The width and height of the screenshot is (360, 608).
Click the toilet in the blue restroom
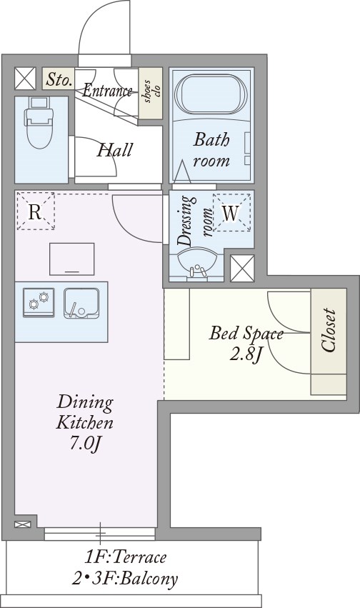tap(39, 123)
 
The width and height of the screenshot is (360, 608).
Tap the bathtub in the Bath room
tap(211, 94)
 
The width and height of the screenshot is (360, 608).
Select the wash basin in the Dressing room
tap(197, 264)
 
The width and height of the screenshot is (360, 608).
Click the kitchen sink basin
tap(81, 303)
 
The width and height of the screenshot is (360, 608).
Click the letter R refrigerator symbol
tap(35, 211)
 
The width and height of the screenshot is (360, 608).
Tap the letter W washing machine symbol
tap(231, 212)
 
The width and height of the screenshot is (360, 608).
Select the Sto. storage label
tap(59, 79)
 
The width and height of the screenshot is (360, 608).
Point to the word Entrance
tap(107, 91)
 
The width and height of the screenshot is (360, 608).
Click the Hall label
tap(115, 150)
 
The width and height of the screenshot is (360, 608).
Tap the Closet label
tap(329, 330)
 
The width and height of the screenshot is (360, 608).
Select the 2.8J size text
tap(246, 355)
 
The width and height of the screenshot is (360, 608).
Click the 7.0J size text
tap(85, 444)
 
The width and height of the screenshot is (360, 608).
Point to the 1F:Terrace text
tap(126, 557)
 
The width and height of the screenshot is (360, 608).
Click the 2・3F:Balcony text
tap(125, 579)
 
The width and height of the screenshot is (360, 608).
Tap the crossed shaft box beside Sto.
tap(25, 79)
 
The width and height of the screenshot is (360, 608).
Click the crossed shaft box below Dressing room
tap(242, 268)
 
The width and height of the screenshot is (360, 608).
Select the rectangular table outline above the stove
tap(72, 259)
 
